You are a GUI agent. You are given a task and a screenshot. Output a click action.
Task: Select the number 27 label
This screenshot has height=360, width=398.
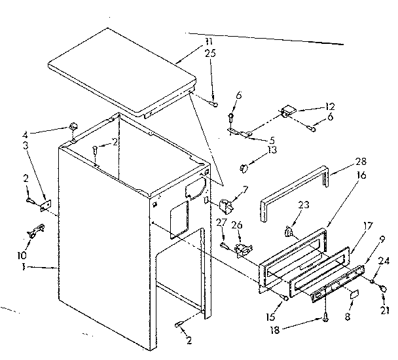click(x=221, y=223)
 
